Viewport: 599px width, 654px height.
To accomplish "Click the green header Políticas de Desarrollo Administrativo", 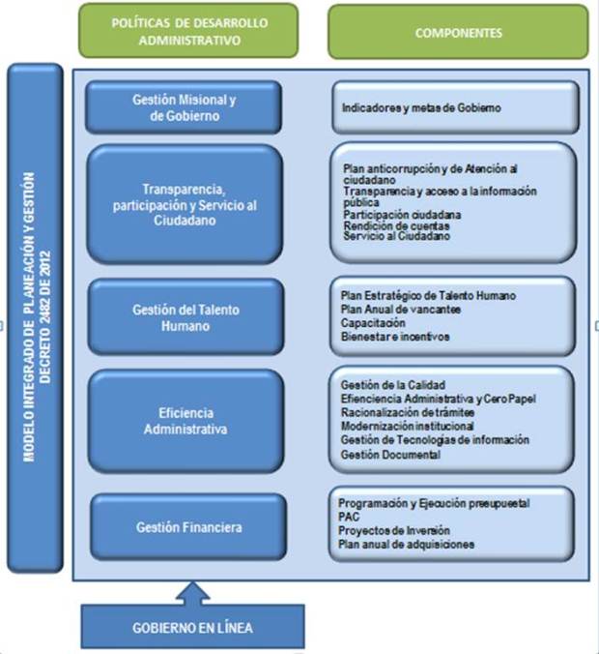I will click(x=189, y=31).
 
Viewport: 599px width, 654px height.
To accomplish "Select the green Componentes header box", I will click(x=458, y=32).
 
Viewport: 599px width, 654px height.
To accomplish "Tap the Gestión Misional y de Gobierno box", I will click(x=184, y=107).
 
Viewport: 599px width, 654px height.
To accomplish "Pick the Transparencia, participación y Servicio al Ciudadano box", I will click(x=185, y=205).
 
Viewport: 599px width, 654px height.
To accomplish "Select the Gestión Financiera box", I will click(x=188, y=527).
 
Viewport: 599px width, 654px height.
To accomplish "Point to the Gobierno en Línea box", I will click(x=192, y=628).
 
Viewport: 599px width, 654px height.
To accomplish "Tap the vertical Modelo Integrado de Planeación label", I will click(x=35, y=317).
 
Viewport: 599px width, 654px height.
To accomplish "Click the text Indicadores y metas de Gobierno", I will click(x=421, y=108).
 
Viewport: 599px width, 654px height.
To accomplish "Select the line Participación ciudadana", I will click(x=401, y=214).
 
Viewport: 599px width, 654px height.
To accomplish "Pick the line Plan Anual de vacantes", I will click(x=401, y=309).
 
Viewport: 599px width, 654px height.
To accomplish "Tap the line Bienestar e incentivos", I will click(x=394, y=337).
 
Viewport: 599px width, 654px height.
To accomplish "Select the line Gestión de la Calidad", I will click(x=392, y=384).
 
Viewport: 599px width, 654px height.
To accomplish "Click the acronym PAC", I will click(x=349, y=518).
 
